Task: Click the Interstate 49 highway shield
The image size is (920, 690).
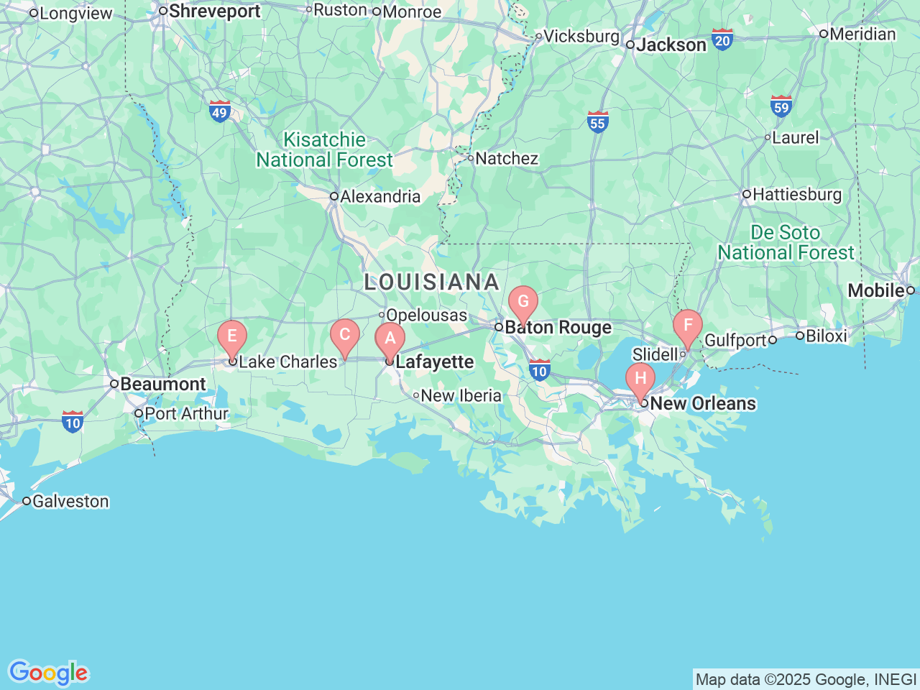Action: click(x=220, y=111)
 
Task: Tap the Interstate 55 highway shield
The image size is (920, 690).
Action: click(x=597, y=122)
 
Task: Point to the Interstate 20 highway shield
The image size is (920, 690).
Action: click(x=722, y=40)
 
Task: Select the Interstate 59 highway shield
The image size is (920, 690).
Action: click(x=781, y=106)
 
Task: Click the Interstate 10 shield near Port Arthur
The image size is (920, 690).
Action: click(x=73, y=422)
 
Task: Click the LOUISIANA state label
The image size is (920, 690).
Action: click(x=431, y=282)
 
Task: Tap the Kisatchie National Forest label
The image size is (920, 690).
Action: click(x=325, y=149)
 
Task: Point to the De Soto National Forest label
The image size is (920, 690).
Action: click(x=786, y=243)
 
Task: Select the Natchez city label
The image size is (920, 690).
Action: click(x=506, y=158)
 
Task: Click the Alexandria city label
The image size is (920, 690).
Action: click(x=379, y=196)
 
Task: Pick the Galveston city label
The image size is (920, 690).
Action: click(x=70, y=501)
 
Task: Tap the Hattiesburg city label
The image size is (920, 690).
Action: click(x=796, y=194)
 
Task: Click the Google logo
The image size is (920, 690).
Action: click(x=48, y=673)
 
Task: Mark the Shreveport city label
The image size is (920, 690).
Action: click(x=213, y=11)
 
